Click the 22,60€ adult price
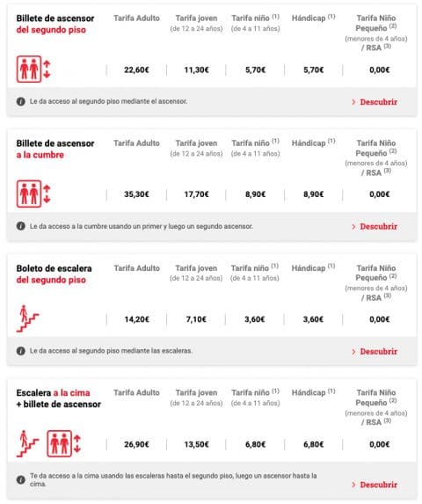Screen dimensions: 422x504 click(x=136, y=69)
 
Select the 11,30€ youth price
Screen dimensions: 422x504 click(x=195, y=69)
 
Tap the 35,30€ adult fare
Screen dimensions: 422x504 click(x=136, y=194)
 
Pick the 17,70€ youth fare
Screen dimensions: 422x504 click(x=195, y=194)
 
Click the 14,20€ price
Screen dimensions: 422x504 click(x=136, y=319)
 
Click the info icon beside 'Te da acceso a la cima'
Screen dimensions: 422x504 click(x=20, y=479)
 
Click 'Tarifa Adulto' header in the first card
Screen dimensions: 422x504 click(x=136, y=17)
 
